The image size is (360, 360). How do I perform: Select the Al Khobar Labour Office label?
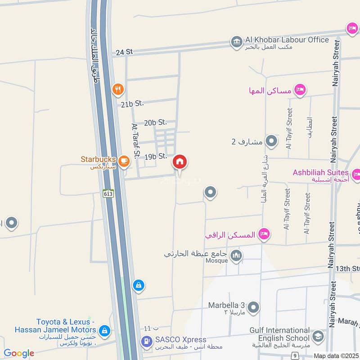287,40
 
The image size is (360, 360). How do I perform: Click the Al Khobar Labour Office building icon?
236,42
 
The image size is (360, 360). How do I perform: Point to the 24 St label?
124,52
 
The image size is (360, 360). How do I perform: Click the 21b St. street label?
132,103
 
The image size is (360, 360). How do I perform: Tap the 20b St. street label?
156,122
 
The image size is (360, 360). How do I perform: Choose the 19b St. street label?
156,157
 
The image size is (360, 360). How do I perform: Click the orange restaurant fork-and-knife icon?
117,89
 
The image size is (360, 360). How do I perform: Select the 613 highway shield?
108,193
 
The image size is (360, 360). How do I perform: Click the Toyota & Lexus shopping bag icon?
104,331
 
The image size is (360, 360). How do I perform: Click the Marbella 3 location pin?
253,308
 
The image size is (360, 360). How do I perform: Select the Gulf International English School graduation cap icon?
318,336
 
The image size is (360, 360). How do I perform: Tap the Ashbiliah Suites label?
320,172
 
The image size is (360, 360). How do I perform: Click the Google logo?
19,353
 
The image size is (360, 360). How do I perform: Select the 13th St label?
348,269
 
